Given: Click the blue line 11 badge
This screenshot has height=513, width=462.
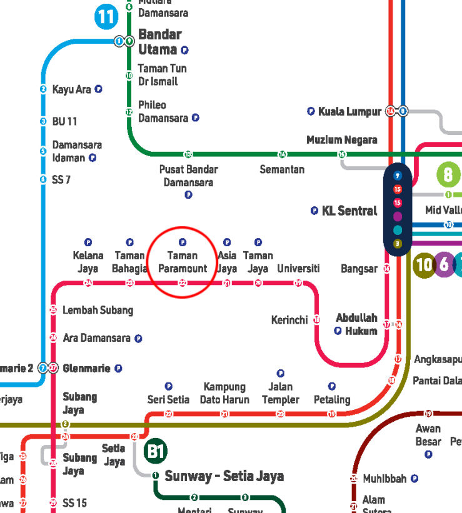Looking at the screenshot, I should (x=106, y=17).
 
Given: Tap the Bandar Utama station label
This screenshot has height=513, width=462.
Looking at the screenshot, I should (x=159, y=41).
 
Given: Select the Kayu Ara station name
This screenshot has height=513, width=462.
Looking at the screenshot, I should (x=71, y=89).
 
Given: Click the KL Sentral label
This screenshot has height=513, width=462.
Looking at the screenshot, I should (x=349, y=211).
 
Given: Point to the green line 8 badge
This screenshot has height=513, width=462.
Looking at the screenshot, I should (x=448, y=174).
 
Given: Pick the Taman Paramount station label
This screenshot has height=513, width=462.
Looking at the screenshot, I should (x=183, y=262).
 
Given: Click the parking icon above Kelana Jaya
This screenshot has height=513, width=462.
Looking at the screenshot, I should (x=88, y=242).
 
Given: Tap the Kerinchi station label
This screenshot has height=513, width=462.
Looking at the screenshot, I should (x=289, y=320).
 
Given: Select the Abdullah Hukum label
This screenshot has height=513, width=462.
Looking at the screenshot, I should (x=356, y=324).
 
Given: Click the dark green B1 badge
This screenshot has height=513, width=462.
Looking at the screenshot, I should (x=155, y=451).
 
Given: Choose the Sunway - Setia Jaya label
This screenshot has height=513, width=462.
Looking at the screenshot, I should (x=224, y=476).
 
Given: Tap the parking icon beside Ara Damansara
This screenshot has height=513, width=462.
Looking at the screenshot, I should (x=138, y=339).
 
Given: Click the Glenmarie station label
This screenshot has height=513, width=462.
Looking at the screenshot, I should (x=86, y=369).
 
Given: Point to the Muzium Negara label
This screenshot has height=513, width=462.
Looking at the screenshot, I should (x=341, y=140).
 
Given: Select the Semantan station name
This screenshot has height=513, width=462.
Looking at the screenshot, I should (x=282, y=169).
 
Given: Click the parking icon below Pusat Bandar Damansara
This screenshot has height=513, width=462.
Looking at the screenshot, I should (x=188, y=195).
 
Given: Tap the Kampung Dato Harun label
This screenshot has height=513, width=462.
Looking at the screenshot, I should (x=224, y=393).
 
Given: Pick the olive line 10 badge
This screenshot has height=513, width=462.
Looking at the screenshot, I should (x=424, y=265).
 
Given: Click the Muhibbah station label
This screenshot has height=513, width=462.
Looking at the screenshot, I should (x=384, y=479).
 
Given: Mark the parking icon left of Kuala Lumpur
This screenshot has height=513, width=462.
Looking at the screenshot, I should (x=311, y=111).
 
